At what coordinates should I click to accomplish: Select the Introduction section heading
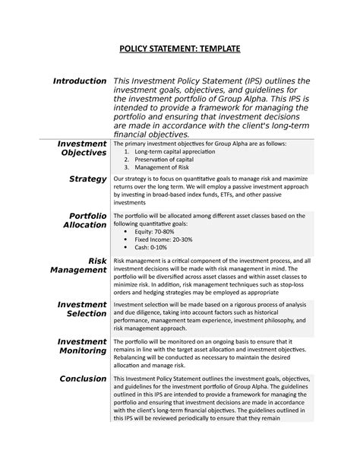78,81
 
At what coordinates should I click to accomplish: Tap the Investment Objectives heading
83,148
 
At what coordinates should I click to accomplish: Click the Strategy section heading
87,179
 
